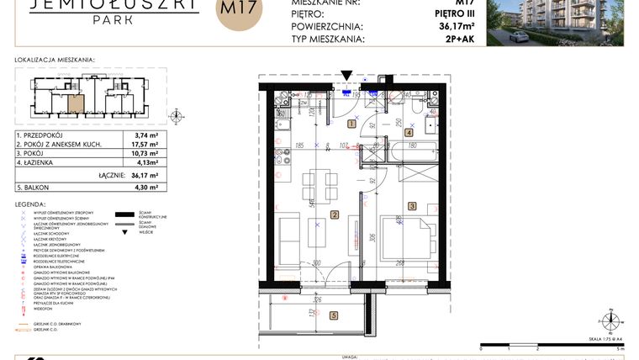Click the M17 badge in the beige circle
coord(240,12)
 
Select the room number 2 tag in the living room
coord(334,215)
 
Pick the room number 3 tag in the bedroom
coord(412,205)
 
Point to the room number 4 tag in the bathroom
coord(409,132)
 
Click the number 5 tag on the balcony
coord(334,316)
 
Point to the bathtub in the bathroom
coord(411,156)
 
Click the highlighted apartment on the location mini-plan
coord(76,105)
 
